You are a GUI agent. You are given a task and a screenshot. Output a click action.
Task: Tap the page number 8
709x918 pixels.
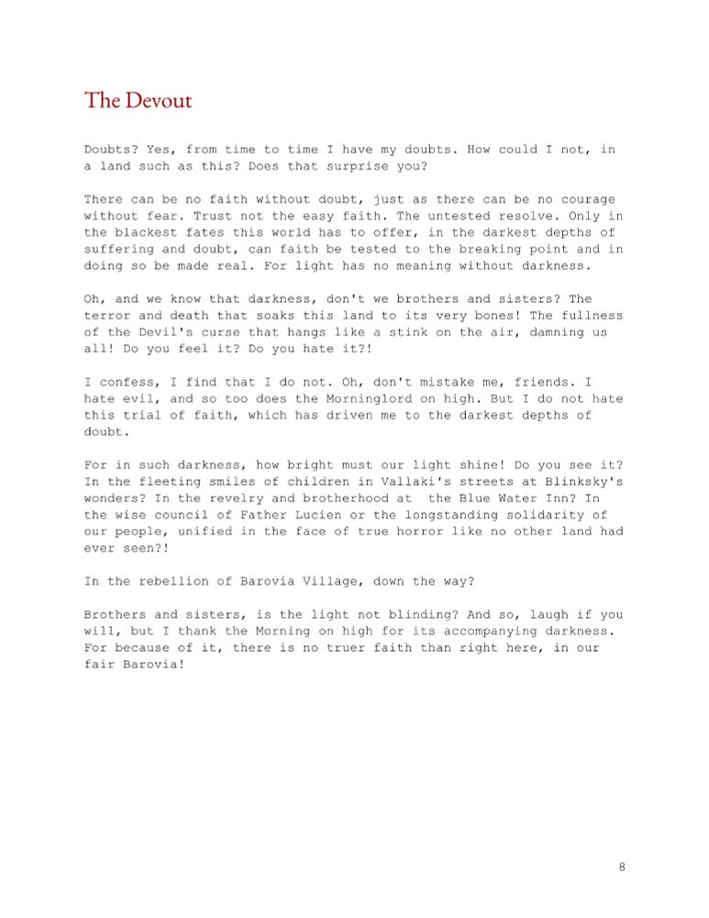622,867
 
